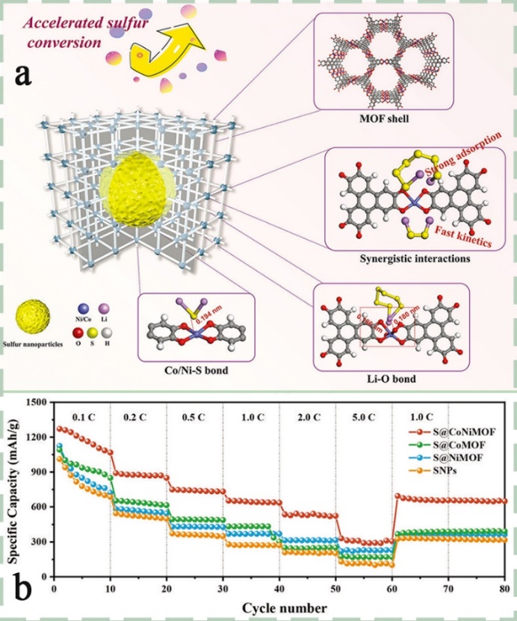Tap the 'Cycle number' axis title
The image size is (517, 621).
(279, 605)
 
